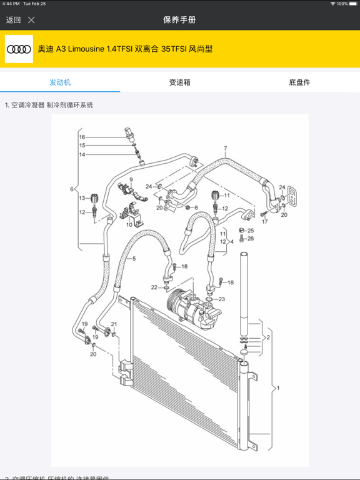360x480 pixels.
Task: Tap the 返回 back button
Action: pyautogui.click(x=13, y=20)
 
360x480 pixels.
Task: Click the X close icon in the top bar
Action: pyautogui.click(x=31, y=20)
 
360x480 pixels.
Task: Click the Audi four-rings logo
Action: pyautogui.click(x=19, y=49)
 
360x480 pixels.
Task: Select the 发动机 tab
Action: pyautogui.click(x=60, y=82)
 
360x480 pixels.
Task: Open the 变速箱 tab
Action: pyautogui.click(x=179, y=82)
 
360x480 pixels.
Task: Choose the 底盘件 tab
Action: pyautogui.click(x=299, y=82)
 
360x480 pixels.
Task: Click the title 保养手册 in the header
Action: pyautogui.click(x=179, y=20)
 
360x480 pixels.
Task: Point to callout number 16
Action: pyautogui.click(x=82, y=137)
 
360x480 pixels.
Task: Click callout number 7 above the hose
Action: pyautogui.click(x=224, y=149)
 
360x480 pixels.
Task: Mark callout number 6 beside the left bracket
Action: pyautogui.click(x=72, y=189)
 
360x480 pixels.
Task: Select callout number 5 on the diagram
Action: pyautogui.click(x=134, y=258)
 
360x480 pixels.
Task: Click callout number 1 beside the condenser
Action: pyautogui.click(x=278, y=388)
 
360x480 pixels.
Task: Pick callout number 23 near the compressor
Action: pyautogui.click(x=221, y=299)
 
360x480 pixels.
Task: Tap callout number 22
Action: pyautogui.click(x=154, y=287)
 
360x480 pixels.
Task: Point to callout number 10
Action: pyautogui.click(x=129, y=224)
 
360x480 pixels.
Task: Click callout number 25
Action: pyautogui.click(x=251, y=231)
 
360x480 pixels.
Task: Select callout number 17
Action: pyautogui.click(x=264, y=222)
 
